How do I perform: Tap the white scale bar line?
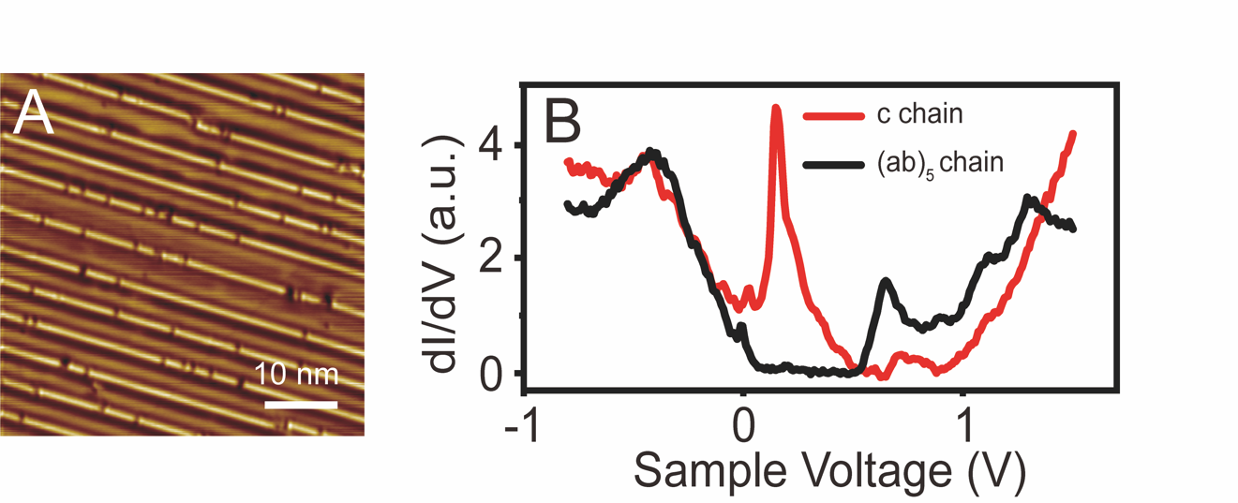[300, 405]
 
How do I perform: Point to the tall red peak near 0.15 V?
[775, 109]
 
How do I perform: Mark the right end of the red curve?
[1072, 134]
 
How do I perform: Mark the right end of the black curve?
[1072, 228]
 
